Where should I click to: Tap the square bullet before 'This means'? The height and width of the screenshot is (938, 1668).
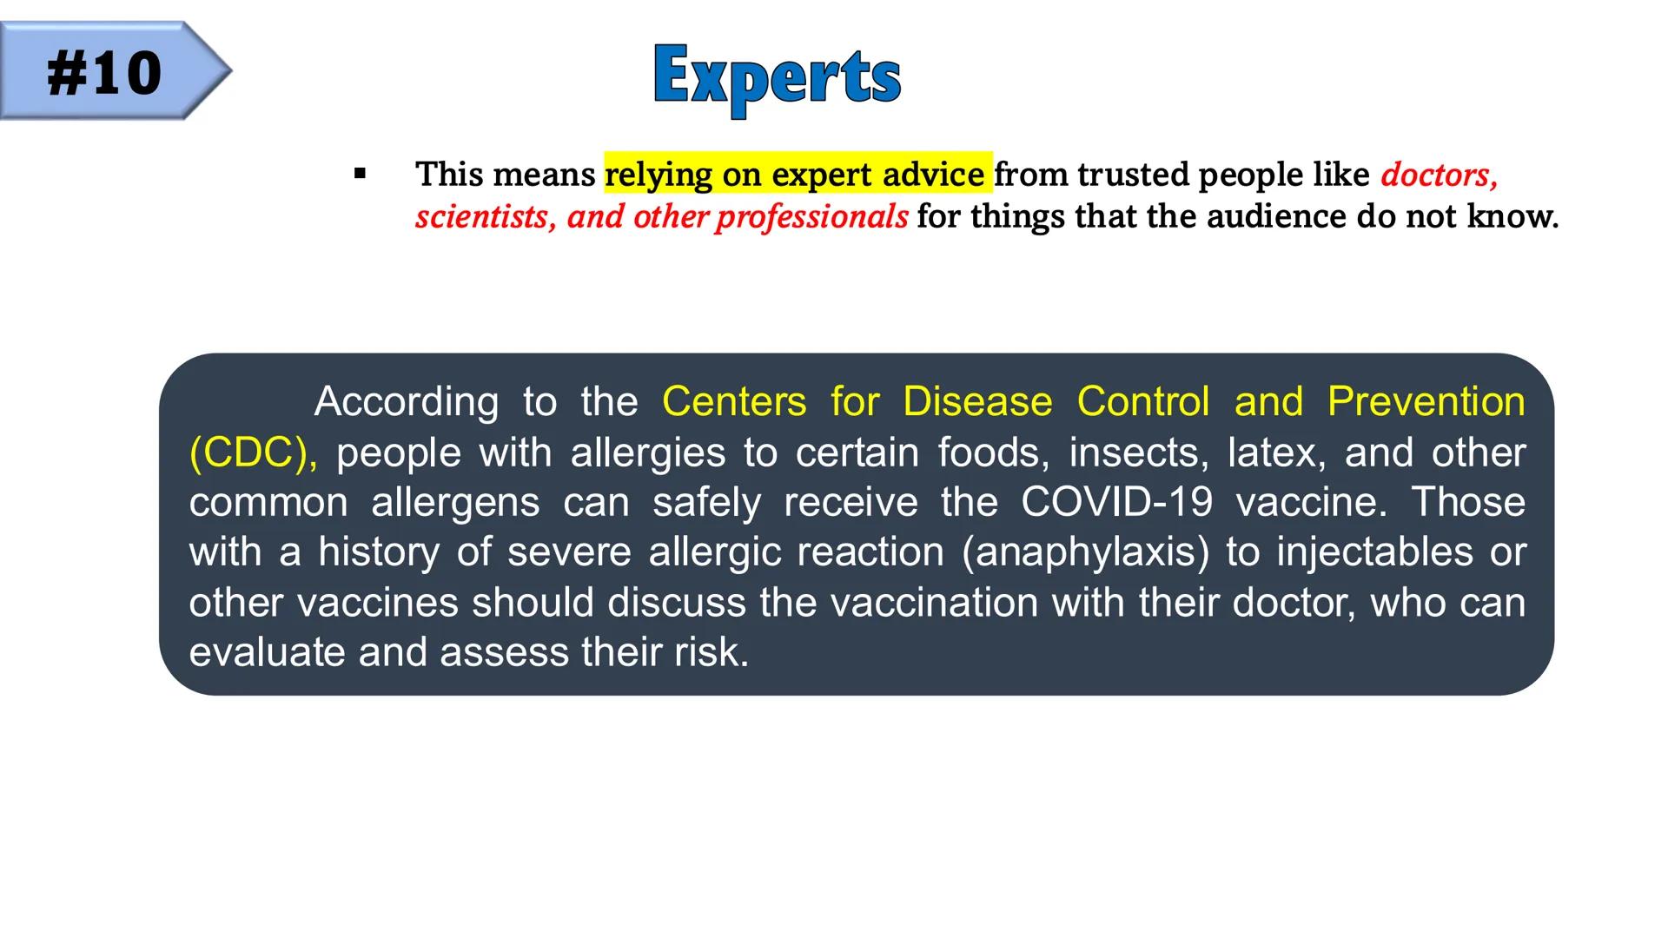coord(360,174)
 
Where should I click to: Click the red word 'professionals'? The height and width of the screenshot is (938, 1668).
coord(811,217)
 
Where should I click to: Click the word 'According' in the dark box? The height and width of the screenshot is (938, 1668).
coord(406,403)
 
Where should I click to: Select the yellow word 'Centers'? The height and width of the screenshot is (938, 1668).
coord(734,402)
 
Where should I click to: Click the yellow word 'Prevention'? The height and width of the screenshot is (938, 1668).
coord(1426,402)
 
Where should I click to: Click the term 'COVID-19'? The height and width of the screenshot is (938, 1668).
coord(1116,502)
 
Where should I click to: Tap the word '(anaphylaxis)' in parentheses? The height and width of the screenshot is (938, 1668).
coord(1085,553)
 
